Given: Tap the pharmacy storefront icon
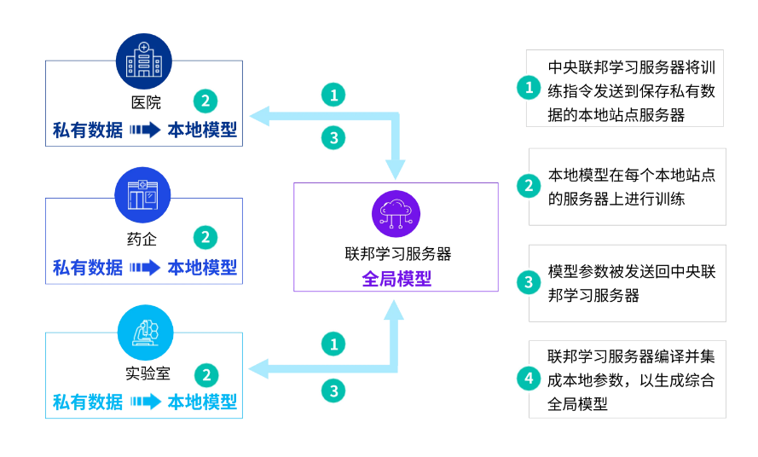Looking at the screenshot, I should pyautogui.click(x=143, y=195).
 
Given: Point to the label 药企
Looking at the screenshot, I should pyautogui.click(x=144, y=240).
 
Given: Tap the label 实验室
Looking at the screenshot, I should pyautogui.click(x=144, y=373).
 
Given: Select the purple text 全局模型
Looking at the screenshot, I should pyautogui.click(x=396, y=279).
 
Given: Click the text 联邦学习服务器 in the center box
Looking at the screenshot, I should pyautogui.click(x=396, y=254).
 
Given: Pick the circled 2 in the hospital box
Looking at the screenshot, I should pyautogui.click(x=205, y=101).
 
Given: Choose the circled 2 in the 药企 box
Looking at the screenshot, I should pyautogui.click(x=205, y=238).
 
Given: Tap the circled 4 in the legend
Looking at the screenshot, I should pyautogui.click(x=529, y=379).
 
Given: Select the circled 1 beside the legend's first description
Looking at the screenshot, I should pyautogui.click(x=529, y=87).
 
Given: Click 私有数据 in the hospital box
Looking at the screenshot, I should pyautogui.click(x=88, y=130).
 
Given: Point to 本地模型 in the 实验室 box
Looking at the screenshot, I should pyautogui.click(x=202, y=402).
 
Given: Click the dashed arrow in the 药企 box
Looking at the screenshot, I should pyautogui.click(x=145, y=268).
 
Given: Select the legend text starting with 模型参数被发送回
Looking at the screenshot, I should pyautogui.click(x=631, y=283).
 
